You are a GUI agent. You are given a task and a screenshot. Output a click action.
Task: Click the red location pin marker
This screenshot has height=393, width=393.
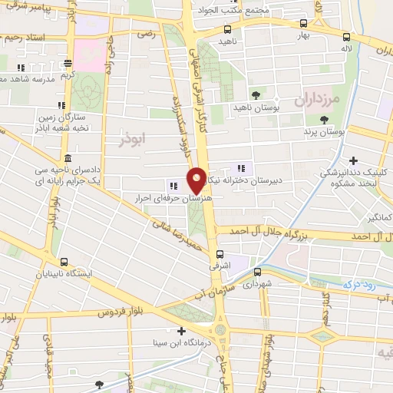(x=196, y=180)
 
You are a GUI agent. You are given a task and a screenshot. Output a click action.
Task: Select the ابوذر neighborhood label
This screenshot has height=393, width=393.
(x=132, y=140)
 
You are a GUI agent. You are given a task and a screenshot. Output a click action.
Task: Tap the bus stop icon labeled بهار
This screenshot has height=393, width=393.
(x=304, y=24)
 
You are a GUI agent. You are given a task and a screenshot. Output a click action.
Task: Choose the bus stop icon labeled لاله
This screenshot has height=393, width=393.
(x=347, y=36)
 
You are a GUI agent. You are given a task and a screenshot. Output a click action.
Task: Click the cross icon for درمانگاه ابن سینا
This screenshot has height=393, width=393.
(x=181, y=332)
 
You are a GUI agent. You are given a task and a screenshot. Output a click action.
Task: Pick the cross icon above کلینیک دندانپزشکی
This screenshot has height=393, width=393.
(x=352, y=160)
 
